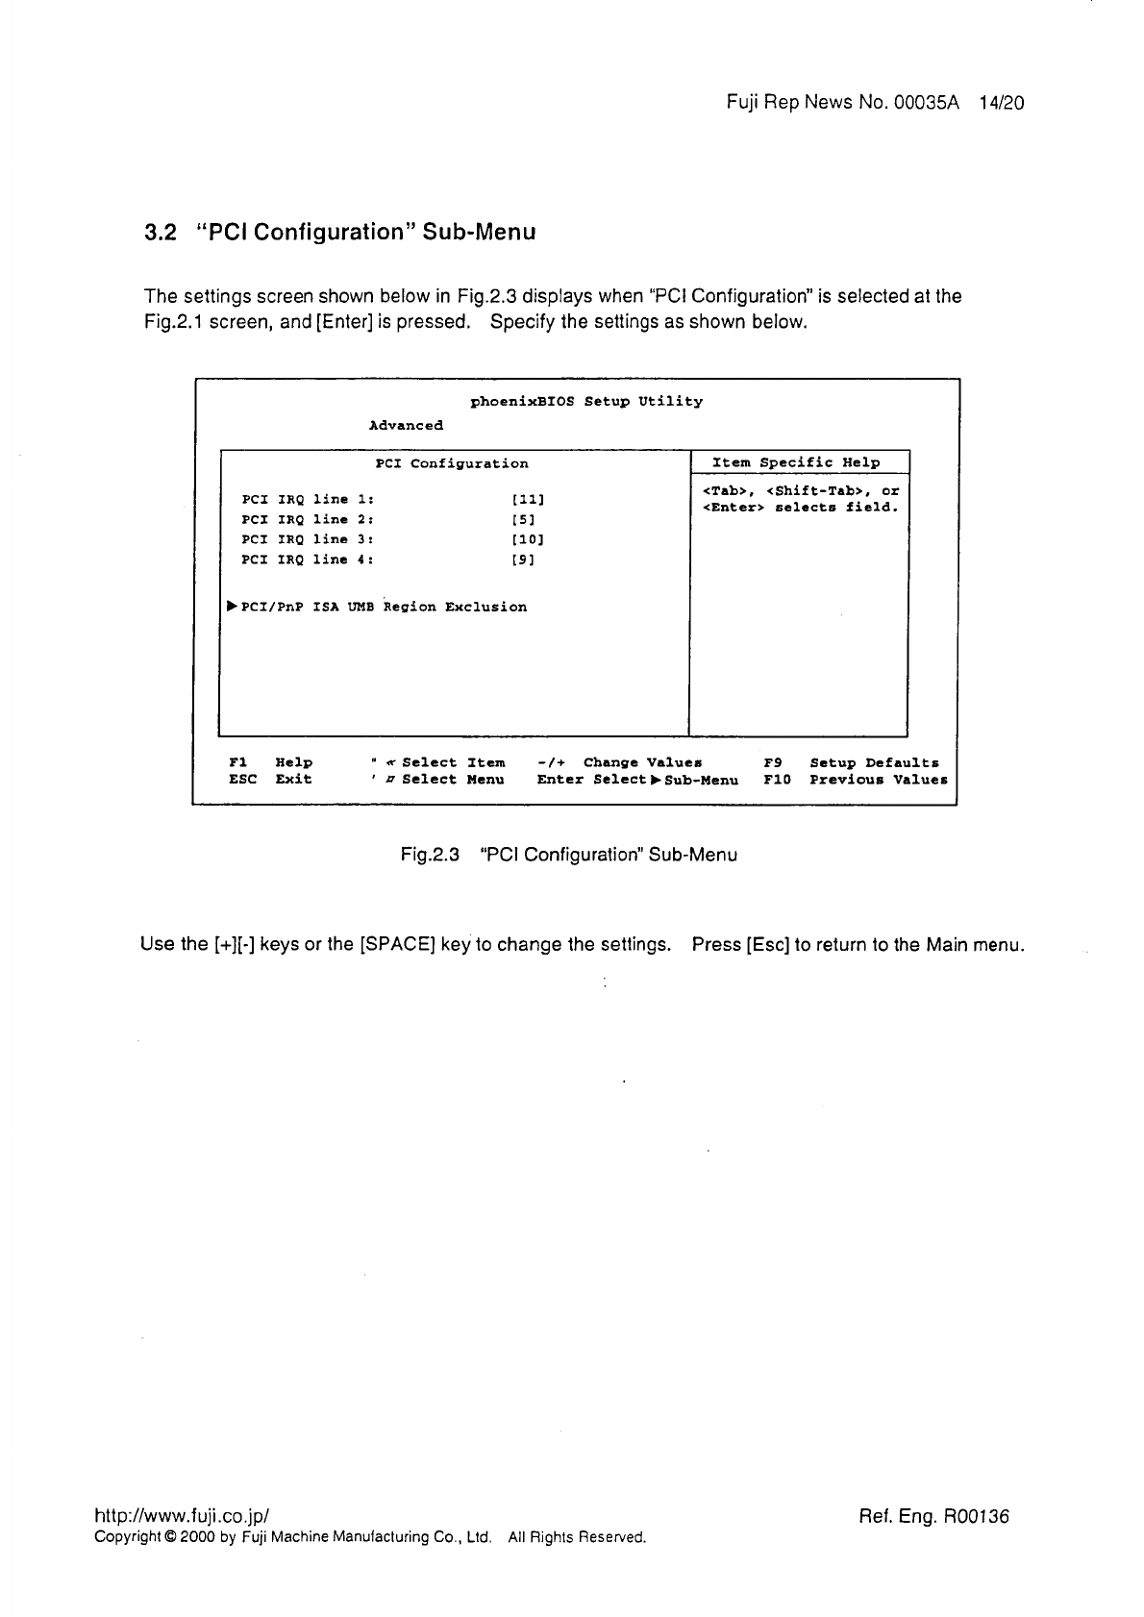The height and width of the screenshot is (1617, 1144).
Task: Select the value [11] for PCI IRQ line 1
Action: click(529, 500)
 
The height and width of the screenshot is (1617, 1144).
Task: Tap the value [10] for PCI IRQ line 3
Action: click(529, 539)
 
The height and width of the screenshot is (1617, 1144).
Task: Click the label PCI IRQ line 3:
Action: click(308, 539)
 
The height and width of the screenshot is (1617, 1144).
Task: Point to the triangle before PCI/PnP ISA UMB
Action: click(232, 607)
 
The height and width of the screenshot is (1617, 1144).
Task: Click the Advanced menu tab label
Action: click(406, 425)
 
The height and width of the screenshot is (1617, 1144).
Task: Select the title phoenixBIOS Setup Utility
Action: click(586, 401)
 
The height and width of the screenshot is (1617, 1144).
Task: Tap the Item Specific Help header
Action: click(796, 462)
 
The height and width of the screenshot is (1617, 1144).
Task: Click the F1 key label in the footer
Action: click(237, 762)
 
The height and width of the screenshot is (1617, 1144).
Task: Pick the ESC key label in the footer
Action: click(242, 780)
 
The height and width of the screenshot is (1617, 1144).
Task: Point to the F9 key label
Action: click(773, 762)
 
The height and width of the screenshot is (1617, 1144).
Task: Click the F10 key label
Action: click(777, 780)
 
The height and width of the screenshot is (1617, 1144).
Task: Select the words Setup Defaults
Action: click(874, 762)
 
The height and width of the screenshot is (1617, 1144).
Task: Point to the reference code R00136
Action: click(977, 1517)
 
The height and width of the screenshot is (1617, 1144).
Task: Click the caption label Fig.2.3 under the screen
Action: click(430, 855)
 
